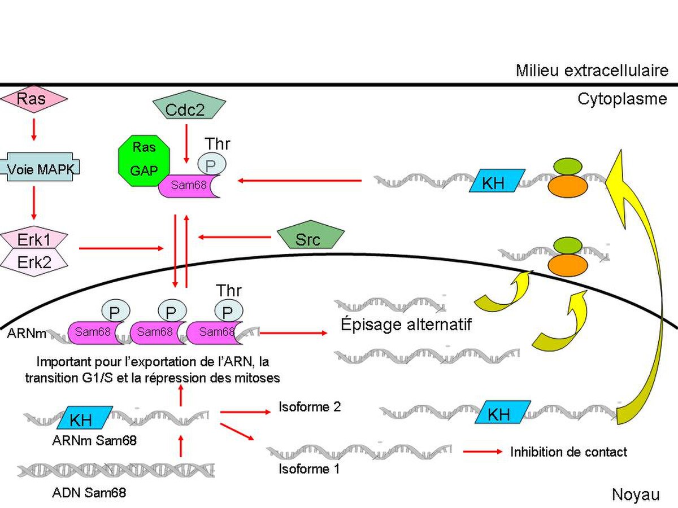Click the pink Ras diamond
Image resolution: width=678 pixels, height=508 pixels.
pos(34,99)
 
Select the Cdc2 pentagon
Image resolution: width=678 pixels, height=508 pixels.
pos(189,106)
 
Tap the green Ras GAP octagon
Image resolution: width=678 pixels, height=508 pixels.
pos(144,160)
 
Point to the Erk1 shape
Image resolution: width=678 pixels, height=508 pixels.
pos(34,239)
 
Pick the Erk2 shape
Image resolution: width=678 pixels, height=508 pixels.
pos(34,262)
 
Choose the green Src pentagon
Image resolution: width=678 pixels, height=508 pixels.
pos(310,235)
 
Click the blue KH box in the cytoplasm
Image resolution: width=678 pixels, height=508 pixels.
pos(497,181)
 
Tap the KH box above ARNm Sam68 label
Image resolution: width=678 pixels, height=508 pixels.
pos(85,418)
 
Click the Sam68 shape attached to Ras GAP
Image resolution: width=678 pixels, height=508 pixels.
pos(188,186)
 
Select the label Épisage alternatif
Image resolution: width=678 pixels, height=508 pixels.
pos(406,325)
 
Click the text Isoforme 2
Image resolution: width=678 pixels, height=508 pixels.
pos(310,407)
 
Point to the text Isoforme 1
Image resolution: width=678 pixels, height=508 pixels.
pos(309,469)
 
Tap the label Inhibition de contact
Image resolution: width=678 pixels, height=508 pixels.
pos(568,452)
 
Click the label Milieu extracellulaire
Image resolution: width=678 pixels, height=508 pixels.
pos(592,71)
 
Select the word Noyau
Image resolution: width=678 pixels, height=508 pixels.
pos(636,495)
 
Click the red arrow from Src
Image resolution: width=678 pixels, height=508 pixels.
pos(234,237)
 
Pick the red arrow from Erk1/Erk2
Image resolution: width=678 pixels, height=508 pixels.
pos(121,248)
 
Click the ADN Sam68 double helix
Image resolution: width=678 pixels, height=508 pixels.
pos(116,471)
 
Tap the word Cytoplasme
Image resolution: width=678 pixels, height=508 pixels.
pos(622,99)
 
